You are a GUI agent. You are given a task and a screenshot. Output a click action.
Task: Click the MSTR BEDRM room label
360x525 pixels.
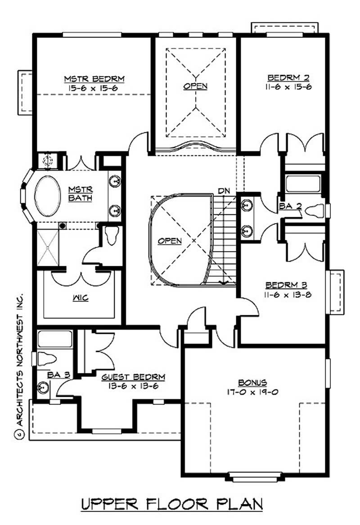(93, 79)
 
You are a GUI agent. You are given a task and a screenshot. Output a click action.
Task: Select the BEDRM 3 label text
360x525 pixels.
(286, 285)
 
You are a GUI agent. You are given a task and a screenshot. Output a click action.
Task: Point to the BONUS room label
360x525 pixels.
(252, 382)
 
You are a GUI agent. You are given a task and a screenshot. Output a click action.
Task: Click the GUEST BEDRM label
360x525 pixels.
(133, 377)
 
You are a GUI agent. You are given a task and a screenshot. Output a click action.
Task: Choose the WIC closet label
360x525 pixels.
(81, 298)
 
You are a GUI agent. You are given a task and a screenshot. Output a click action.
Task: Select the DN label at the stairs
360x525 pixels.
(224, 191)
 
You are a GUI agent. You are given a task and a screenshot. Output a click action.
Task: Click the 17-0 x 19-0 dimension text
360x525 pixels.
(252, 391)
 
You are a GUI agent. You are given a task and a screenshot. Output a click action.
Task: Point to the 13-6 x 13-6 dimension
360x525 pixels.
(133, 386)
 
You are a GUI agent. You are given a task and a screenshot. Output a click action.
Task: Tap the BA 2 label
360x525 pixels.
(289, 206)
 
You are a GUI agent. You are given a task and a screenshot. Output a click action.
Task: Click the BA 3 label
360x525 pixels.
(54, 373)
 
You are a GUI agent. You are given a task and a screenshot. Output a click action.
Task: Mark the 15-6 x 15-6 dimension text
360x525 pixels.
(93, 88)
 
